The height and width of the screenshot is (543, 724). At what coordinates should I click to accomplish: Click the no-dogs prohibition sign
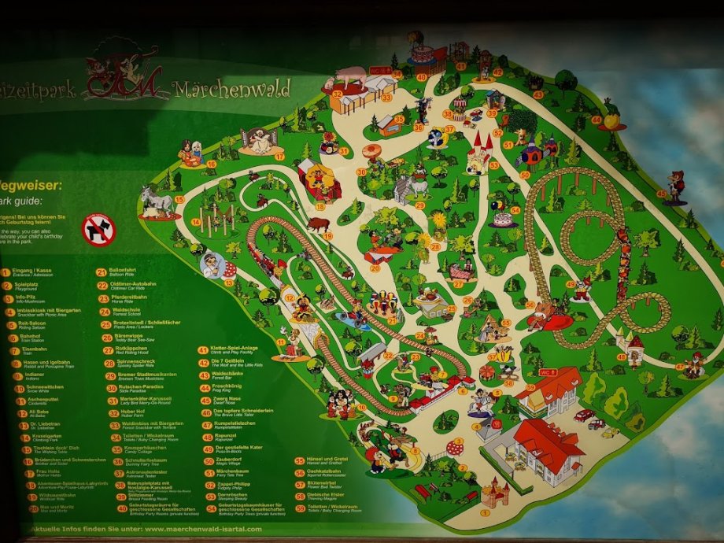pyautogui.click(x=98, y=230)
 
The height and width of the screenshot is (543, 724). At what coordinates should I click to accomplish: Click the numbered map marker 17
pyautogui.click(x=279, y=156)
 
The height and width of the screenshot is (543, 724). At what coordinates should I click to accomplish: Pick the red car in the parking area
pyautogui.click(x=584, y=415)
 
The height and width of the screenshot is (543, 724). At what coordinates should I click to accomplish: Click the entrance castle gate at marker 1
pyautogui.click(x=494, y=494)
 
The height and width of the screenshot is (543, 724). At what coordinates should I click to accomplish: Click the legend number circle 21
pyautogui.click(x=102, y=273)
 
